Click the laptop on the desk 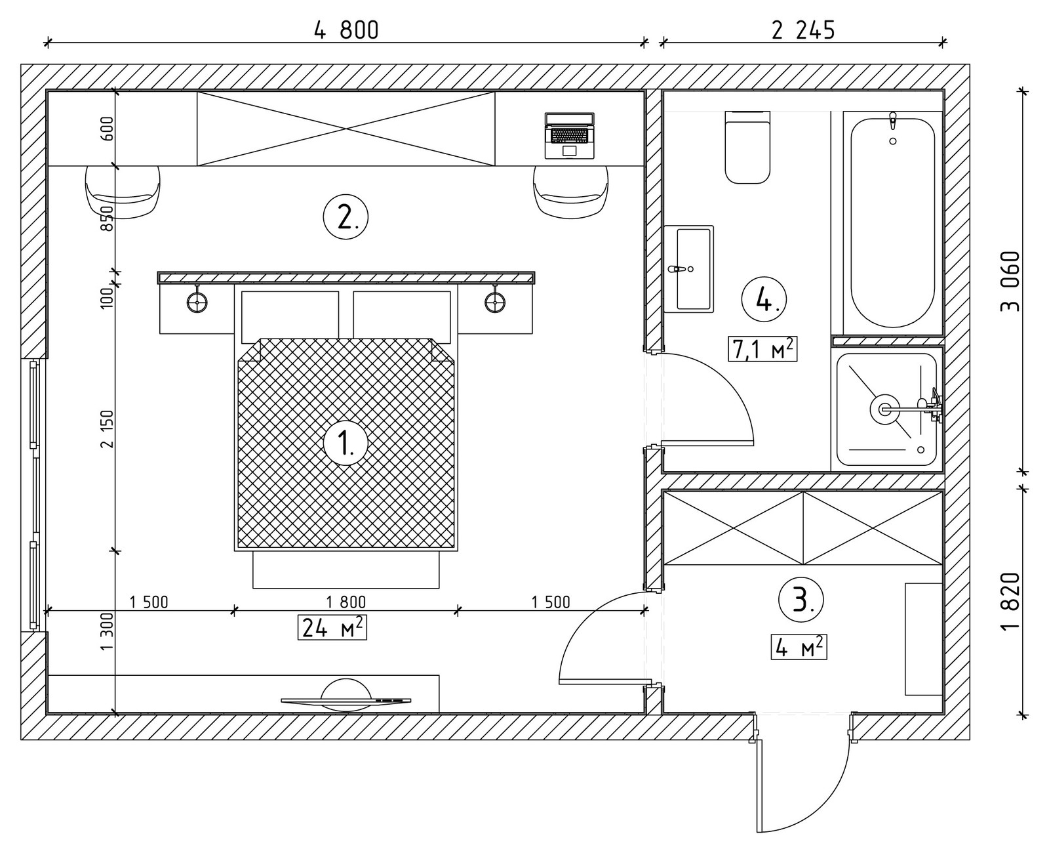tap(569, 136)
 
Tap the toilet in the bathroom tap(747, 147)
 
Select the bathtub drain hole tap(892, 141)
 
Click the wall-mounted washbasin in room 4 tap(688, 268)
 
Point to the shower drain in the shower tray tap(884, 409)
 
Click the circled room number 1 tap(346, 442)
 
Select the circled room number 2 tap(346, 217)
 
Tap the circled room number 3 tap(801, 600)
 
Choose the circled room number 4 tap(764, 299)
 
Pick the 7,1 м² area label tap(762, 349)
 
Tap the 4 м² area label tap(799, 647)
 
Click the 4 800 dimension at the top tap(346, 30)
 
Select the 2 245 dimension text tap(803, 30)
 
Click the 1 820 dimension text tap(1009, 600)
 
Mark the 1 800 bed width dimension tap(346, 602)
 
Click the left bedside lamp tap(197, 301)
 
